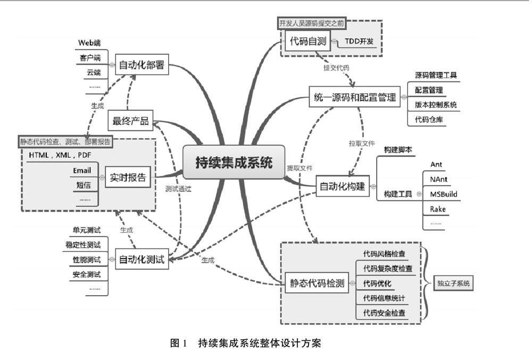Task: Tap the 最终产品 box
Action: pos(130,121)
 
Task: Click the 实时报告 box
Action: pos(128,177)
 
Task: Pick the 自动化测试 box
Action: pos(141,259)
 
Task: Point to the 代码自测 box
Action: pos(307,41)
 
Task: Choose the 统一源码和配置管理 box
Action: pos(354,97)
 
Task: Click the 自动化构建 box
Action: pos(343,186)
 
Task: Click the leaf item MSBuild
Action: pos(443,194)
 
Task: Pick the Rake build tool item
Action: pos(438,209)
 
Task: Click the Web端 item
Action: pos(89,43)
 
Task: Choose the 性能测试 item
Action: pos(87,259)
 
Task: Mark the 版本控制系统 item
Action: pos(436,105)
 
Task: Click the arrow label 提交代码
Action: pos(336,68)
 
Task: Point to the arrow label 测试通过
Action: pos(178,189)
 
